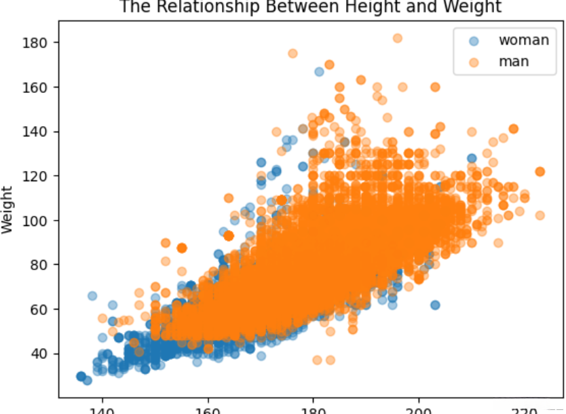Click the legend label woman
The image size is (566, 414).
coord(523,39)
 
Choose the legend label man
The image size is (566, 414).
coord(514,62)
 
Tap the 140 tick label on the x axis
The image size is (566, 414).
coord(102,410)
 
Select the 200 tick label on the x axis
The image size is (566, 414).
coord(419,410)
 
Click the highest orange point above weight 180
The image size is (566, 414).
coord(398,38)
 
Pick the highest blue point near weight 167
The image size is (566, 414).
coord(319,71)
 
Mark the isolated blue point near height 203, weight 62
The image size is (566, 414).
coord(435,305)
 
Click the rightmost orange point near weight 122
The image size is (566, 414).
coord(540,172)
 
